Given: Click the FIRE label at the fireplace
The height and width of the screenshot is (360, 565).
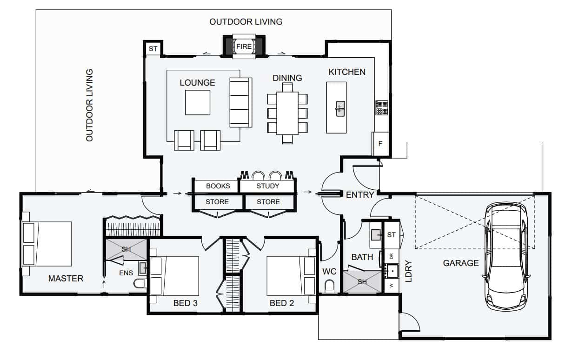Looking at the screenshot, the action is pos(244,47).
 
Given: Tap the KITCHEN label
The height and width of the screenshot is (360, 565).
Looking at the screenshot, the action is pos(347,72).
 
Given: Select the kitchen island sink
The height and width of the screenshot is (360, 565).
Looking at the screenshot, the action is pos(340,109).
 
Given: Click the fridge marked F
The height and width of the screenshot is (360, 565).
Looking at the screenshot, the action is pos(381,144).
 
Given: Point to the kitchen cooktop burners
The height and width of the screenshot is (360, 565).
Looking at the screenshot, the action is pos(381,108).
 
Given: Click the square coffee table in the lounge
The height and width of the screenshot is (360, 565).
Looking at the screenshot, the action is pos(198,103).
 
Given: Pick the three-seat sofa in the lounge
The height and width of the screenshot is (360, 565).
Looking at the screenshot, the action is pos(241,102).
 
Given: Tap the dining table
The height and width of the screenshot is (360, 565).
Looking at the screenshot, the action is pos(287,113).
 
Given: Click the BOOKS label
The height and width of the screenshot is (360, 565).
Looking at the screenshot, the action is pos(218,186).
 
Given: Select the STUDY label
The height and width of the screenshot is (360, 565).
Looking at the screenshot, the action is pos(267,186).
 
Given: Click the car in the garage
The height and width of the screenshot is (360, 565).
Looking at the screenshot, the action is pos(506,256).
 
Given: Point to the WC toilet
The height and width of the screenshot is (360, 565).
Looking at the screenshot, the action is pos(329,286).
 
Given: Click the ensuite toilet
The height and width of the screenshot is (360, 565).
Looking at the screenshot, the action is pos(140,283).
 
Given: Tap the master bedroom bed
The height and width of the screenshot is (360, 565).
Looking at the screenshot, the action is pos(47,244).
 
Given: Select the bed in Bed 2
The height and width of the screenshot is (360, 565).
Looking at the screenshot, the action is pos(291,276).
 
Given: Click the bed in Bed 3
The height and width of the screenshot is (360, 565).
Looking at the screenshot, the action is pos(174,276).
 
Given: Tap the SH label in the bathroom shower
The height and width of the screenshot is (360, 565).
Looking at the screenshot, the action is pos(362,282).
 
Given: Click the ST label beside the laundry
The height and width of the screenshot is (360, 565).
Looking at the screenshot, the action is pos(391,235).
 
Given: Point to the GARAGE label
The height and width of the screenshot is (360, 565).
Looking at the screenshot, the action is pos(460,263).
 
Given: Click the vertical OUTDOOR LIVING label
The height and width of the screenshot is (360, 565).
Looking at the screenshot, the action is pos(90,105).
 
